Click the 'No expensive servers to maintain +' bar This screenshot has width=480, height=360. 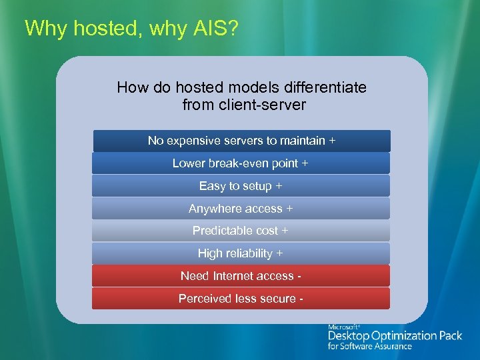pyautogui.click(x=241, y=141)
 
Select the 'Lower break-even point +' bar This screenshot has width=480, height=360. pyautogui.click(x=241, y=163)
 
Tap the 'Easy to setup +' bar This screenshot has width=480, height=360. pyautogui.click(x=241, y=186)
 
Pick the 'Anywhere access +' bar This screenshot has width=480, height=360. pyautogui.click(x=241, y=209)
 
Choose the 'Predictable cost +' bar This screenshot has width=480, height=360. pyautogui.click(x=241, y=231)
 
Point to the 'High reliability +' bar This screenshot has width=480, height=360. pyautogui.click(x=241, y=253)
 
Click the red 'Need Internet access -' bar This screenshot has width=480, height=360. pyautogui.click(x=241, y=276)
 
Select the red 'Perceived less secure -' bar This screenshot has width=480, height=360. pyautogui.click(x=241, y=299)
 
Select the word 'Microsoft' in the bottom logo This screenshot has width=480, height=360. pyautogui.click(x=344, y=327)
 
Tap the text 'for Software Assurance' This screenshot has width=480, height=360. pyautogui.click(x=369, y=346)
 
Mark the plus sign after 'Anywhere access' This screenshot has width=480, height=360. pyautogui.click(x=289, y=209)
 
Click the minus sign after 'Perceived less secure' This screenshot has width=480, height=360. pyautogui.click(x=302, y=299)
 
